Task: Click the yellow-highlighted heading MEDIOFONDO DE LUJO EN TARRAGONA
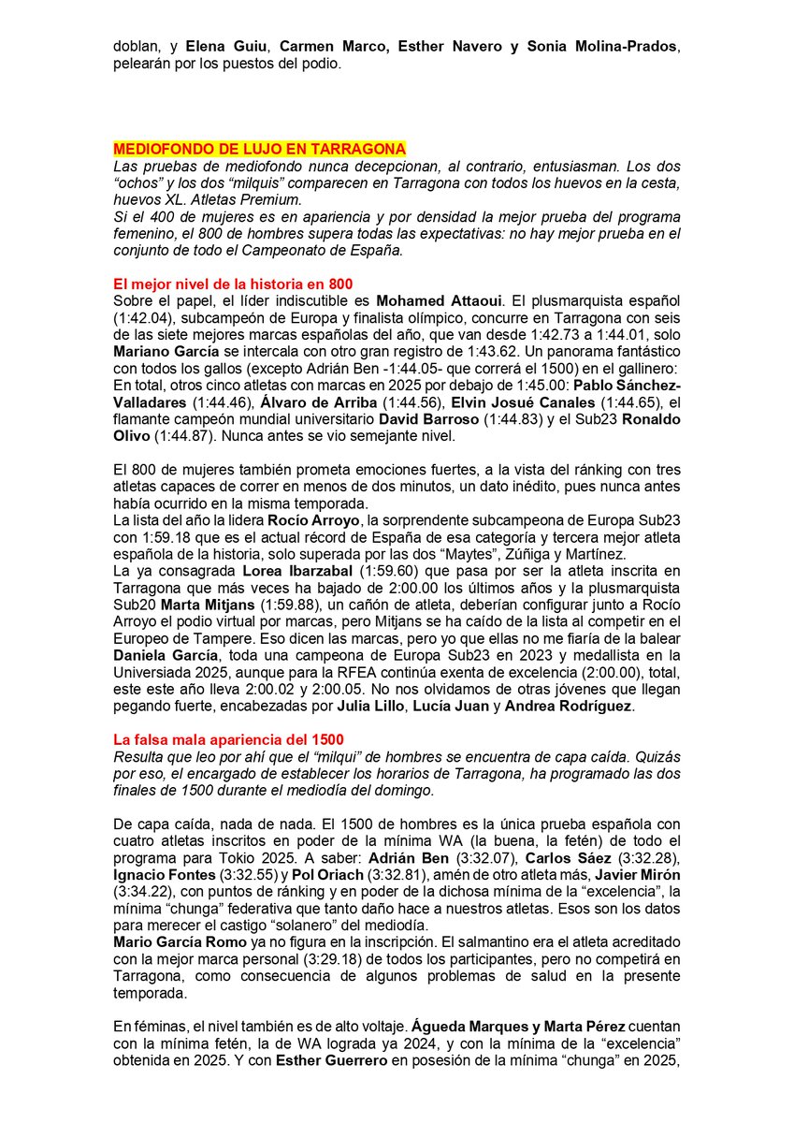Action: click(x=259, y=149)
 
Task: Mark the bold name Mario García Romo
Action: click(x=180, y=927)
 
